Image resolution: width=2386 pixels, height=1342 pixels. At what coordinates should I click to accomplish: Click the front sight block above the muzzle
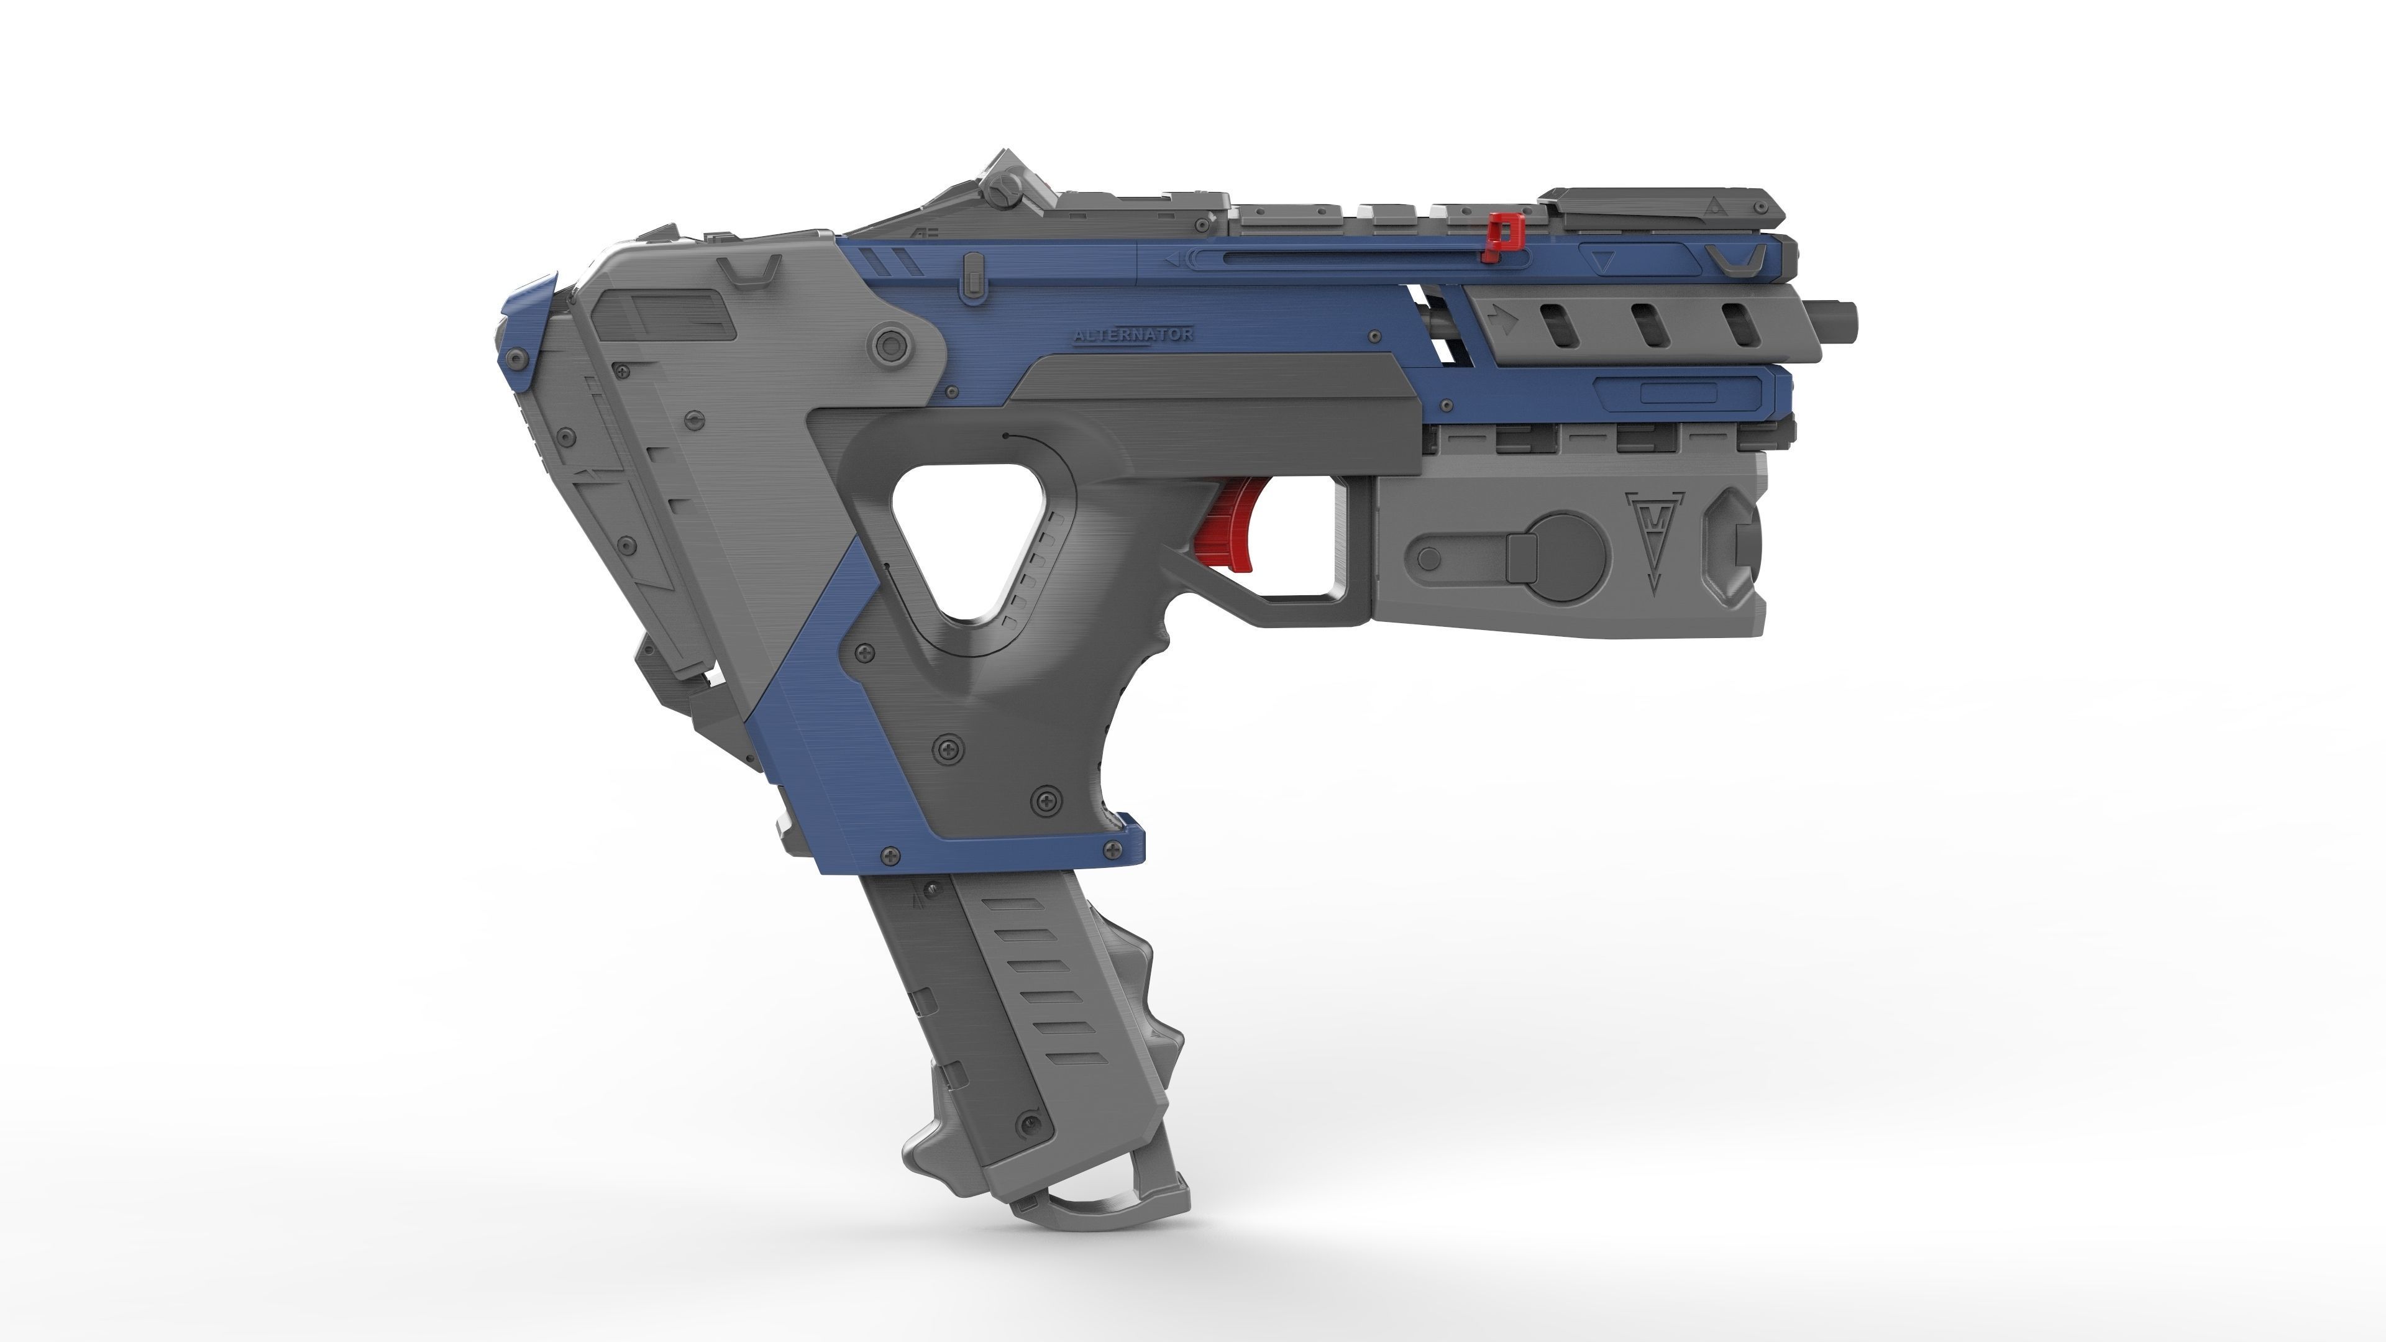pyautogui.click(x=1663, y=208)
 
